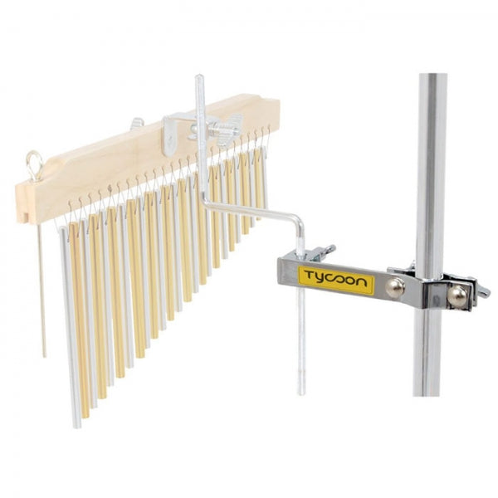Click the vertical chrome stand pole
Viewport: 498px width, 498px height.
[x=431, y=166]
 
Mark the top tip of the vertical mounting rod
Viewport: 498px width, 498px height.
[x=198, y=79]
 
